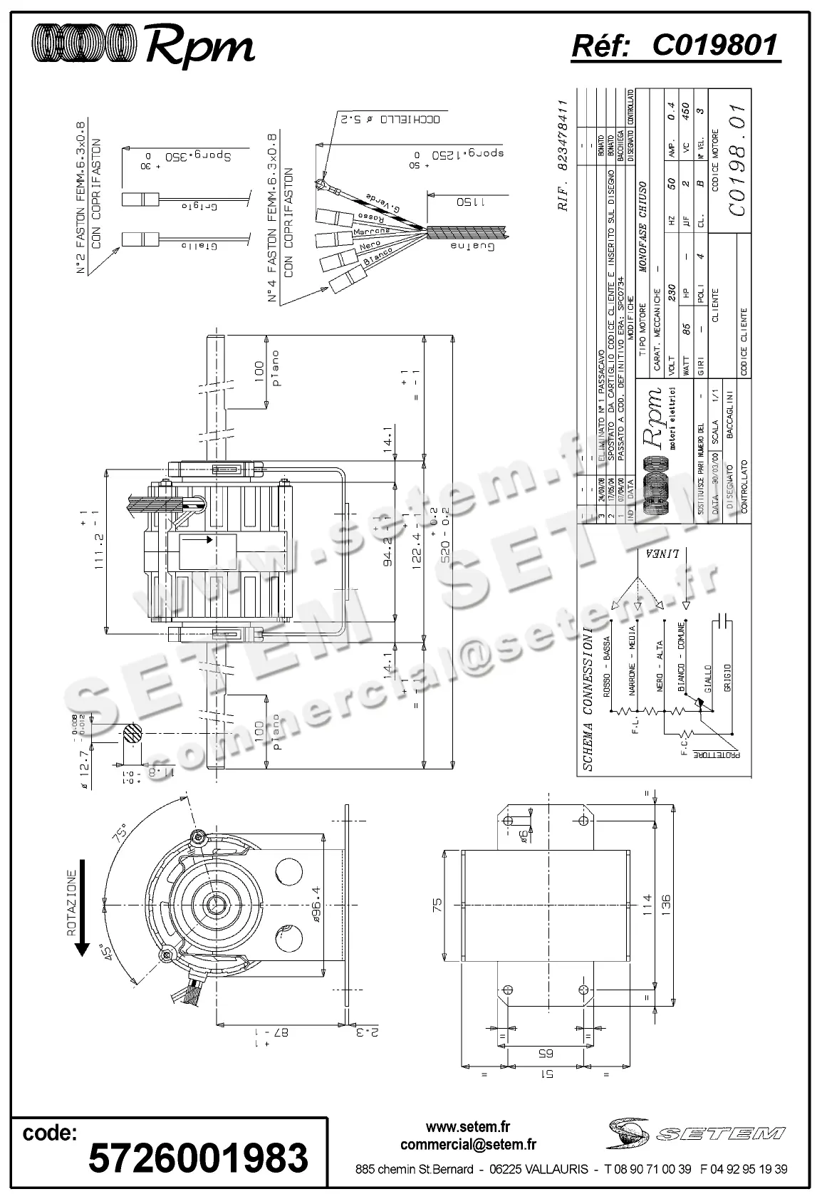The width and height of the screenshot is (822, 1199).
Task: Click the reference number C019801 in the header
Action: point(714,46)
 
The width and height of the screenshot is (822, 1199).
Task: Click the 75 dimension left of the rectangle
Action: point(437,905)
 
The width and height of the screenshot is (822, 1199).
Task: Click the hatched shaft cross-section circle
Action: point(132,735)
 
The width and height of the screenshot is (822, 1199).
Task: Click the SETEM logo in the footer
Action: point(696,1133)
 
